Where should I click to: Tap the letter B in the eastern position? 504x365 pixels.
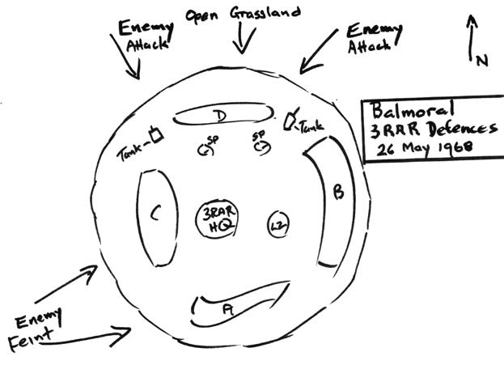point(338,193)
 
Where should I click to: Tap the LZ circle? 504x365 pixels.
point(279,223)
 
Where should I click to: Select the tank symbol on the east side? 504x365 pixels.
point(289,122)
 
